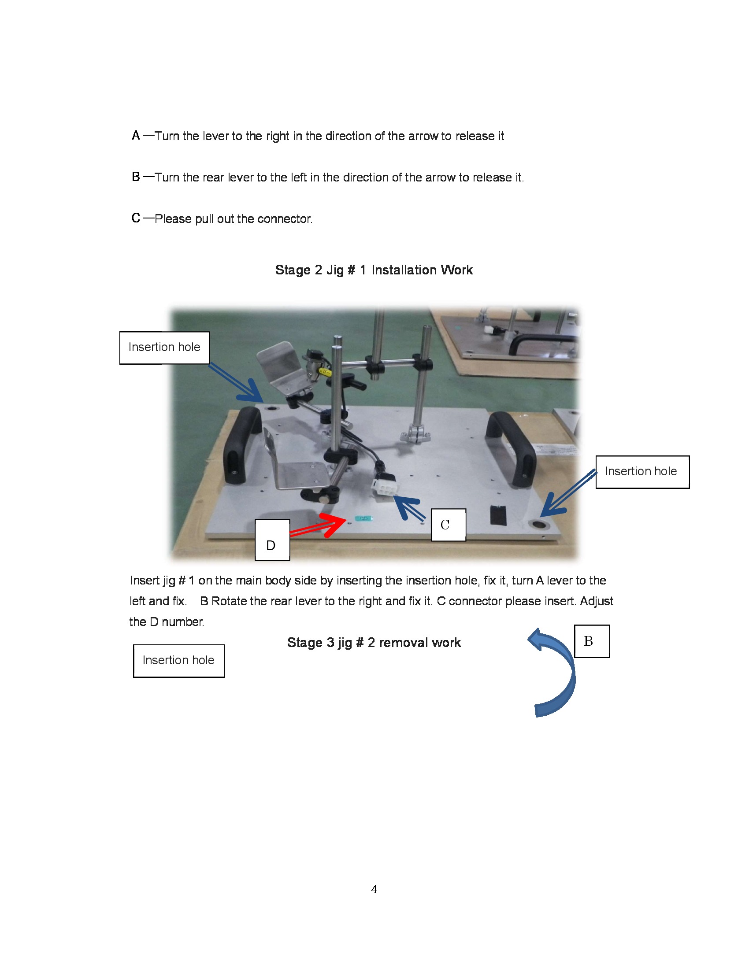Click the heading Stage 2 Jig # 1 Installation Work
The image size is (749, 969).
point(374,270)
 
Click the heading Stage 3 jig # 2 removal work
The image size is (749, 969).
point(374,643)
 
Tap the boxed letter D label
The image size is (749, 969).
point(272,540)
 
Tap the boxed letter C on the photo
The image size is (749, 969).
point(448,525)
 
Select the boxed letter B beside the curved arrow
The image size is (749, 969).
point(591,641)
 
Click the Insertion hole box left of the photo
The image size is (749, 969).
point(164,348)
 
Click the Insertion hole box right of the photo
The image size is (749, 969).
point(641,472)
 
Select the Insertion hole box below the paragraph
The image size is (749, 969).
point(178,661)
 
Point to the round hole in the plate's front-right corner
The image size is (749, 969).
point(539,525)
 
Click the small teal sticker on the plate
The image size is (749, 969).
point(363,518)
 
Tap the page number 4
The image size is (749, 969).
point(374,889)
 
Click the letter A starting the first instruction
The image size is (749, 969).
point(136,135)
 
